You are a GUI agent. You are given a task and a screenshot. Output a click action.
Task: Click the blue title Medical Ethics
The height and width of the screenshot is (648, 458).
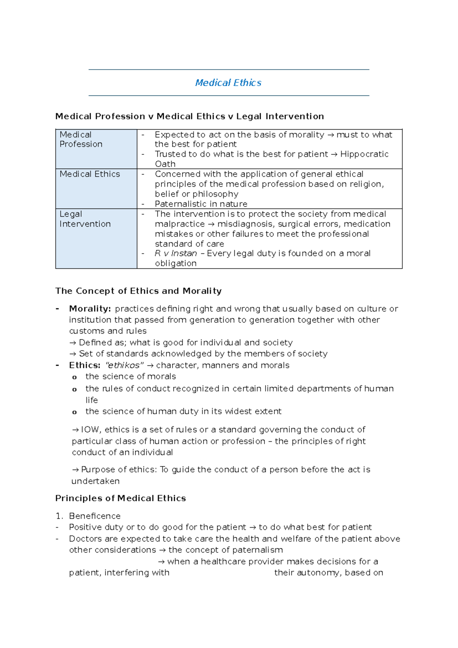pyautogui.click(x=228, y=83)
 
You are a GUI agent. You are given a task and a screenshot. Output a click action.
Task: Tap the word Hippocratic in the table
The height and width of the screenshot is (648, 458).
pyautogui.click(x=364, y=154)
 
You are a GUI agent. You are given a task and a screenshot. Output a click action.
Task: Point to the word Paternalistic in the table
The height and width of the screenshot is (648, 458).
pyautogui.click(x=179, y=204)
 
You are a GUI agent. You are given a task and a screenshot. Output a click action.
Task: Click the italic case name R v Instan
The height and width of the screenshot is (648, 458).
pyautogui.click(x=176, y=253)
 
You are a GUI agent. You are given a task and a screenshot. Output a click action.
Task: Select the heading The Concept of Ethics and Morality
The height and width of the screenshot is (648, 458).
pyautogui.click(x=138, y=291)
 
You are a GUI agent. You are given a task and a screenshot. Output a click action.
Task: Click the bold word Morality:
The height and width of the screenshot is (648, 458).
pyautogui.click(x=90, y=309)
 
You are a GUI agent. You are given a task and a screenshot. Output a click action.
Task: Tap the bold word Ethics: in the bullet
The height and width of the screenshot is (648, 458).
pyautogui.click(x=85, y=365)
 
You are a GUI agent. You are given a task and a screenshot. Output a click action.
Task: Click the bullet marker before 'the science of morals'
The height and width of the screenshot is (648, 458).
pyautogui.click(x=74, y=377)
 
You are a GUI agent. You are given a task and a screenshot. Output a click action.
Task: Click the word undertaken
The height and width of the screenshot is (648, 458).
pyautogui.click(x=95, y=481)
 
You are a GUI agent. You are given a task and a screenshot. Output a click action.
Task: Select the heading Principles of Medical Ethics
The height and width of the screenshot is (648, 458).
pyautogui.click(x=121, y=498)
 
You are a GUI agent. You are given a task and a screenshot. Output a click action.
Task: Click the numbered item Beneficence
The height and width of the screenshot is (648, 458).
pyautogui.click(x=95, y=516)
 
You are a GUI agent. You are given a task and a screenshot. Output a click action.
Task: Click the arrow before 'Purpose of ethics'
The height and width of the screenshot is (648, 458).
pyautogui.click(x=76, y=470)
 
